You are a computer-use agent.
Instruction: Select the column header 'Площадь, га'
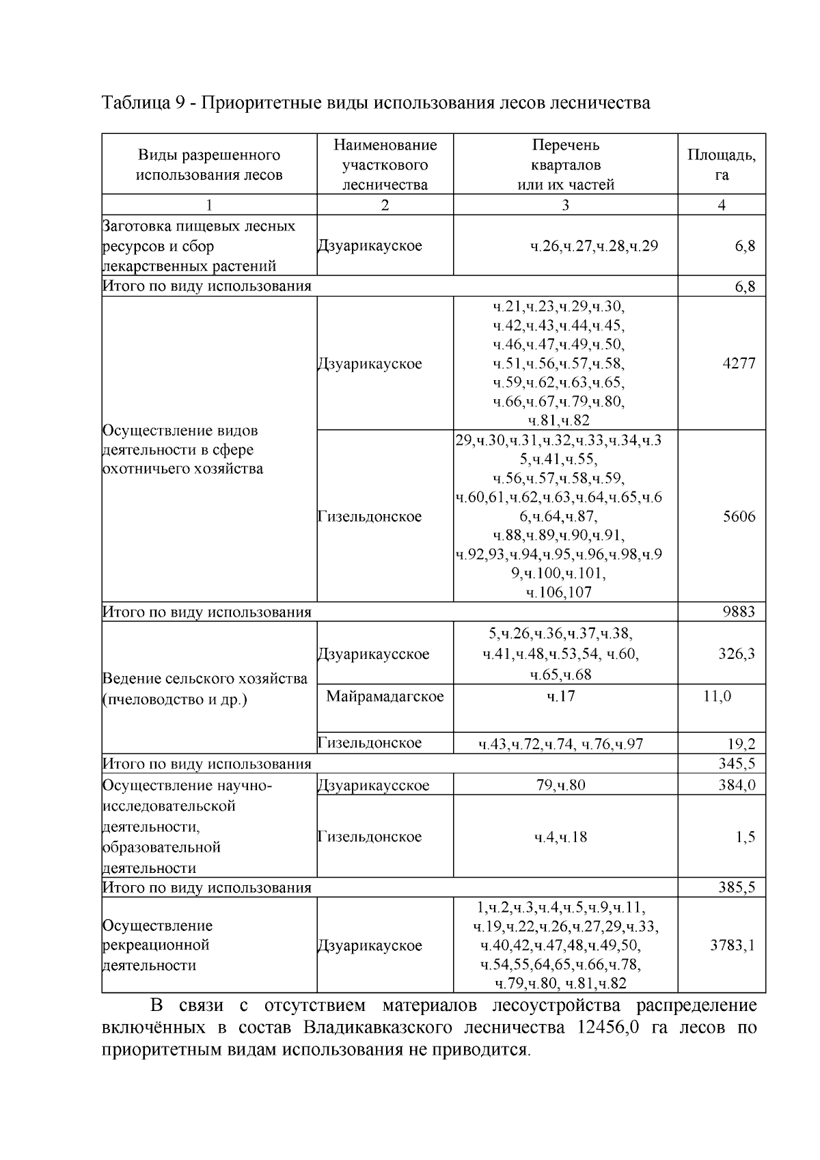coord(722,164)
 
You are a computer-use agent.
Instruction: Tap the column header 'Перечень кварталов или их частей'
coord(565,165)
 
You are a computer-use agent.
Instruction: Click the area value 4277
coord(739,364)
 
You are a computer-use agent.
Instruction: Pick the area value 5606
coord(739,516)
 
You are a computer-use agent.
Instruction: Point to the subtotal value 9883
coord(739,612)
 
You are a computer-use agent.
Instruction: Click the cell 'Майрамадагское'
coord(385,697)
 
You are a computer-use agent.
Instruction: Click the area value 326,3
coord(737,654)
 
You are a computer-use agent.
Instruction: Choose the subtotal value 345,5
coord(737,764)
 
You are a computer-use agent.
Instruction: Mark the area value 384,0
coord(737,785)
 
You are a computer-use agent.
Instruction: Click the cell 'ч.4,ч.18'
coord(561,837)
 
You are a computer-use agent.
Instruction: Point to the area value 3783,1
coord(733,945)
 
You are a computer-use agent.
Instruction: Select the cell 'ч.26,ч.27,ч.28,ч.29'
coord(594,246)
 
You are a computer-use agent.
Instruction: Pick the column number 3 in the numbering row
coord(565,205)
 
